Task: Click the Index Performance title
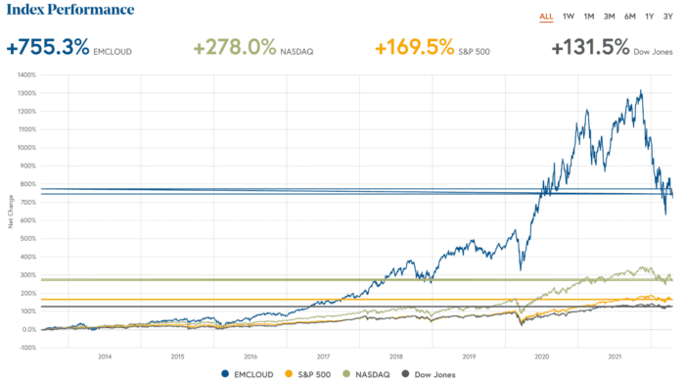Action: [69, 10]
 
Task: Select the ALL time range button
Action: [546, 16]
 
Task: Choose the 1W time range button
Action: [569, 16]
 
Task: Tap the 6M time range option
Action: [629, 16]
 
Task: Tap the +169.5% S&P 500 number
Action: [422, 47]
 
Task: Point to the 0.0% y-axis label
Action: [28, 329]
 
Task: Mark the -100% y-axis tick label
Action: [26, 348]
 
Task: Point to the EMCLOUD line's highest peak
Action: [641, 91]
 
